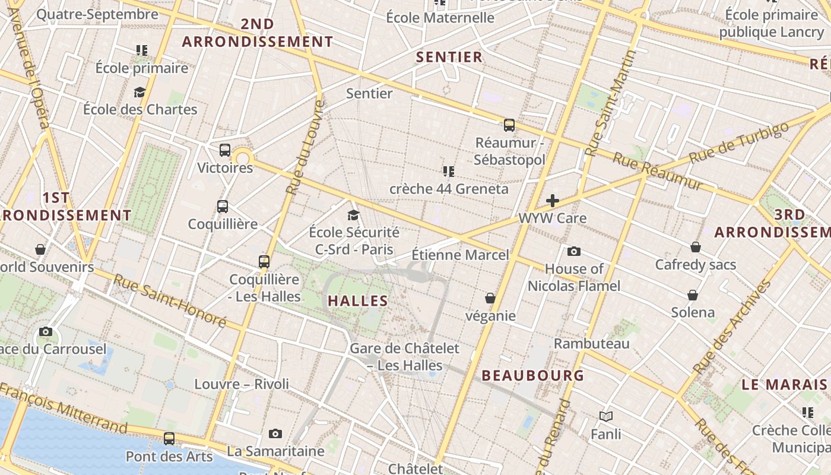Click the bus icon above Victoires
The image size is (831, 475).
pyautogui.click(x=224, y=150)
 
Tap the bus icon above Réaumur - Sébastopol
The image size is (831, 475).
pyautogui.click(x=509, y=125)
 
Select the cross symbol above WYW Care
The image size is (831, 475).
pyautogui.click(x=553, y=201)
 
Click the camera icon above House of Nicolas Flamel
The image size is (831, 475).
pyautogui.click(x=573, y=252)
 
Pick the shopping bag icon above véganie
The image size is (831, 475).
pyautogui.click(x=490, y=298)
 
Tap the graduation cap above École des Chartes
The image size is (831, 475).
pyautogui.click(x=139, y=92)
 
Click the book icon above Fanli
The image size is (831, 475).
pyautogui.click(x=605, y=417)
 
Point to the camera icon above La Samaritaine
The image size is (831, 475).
pyautogui.click(x=275, y=434)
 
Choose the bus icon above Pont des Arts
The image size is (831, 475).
pyautogui.click(x=169, y=439)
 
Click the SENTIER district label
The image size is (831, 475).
pyautogui.click(x=449, y=57)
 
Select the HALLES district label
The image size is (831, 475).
pyautogui.click(x=358, y=301)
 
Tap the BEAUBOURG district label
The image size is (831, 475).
pyautogui.click(x=533, y=375)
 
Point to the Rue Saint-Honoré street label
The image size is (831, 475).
pyautogui.click(x=169, y=301)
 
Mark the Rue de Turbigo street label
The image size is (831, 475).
pyautogui.click(x=740, y=142)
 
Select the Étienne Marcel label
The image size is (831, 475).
pyautogui.click(x=460, y=255)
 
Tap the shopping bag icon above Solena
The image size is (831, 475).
pyautogui.click(x=692, y=295)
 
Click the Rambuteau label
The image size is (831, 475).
pyautogui.click(x=591, y=344)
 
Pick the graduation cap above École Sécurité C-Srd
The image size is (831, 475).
pyautogui.click(x=354, y=215)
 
